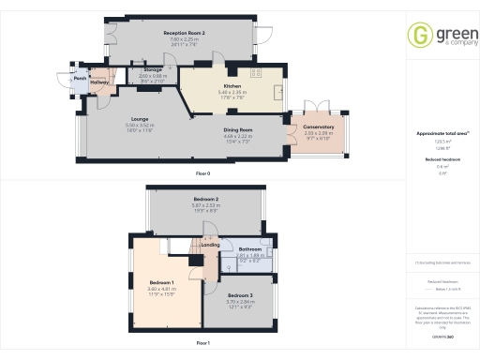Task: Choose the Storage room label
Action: [153, 70]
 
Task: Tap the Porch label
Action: [81, 79]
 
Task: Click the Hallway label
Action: [100, 82]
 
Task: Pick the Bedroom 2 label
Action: [206, 200]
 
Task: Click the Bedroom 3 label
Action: [240, 295]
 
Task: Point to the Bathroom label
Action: [250, 248]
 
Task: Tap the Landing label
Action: [211, 246]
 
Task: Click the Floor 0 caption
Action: [202, 174]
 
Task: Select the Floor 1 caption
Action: [202, 344]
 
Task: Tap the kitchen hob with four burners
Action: [255, 72]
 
